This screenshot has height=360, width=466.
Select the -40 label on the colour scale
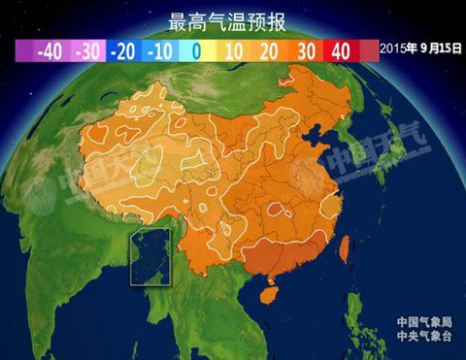50,50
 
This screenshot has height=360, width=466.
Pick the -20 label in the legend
122,50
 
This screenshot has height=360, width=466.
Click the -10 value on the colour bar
159,50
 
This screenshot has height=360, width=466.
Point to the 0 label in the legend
194,50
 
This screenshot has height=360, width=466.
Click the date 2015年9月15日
420,48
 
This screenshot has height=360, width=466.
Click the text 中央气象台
424,338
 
